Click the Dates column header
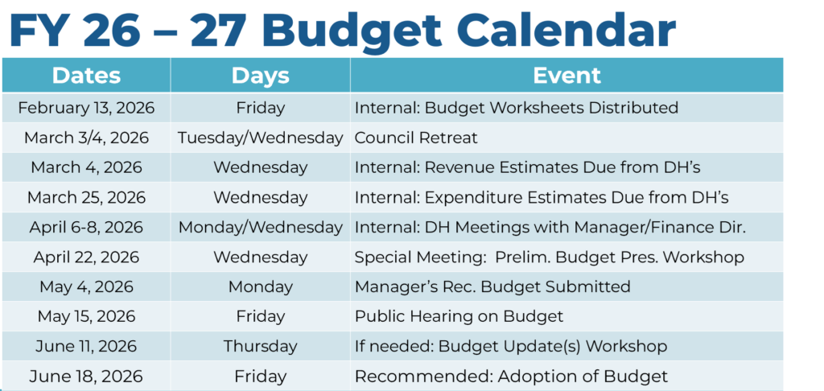86,76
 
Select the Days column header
260,76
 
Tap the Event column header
566,76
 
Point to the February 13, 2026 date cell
86,108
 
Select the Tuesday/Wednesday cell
260,138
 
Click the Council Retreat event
416,138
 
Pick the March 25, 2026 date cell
86,197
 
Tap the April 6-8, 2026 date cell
86,227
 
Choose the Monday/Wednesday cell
260,227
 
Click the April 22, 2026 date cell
86,257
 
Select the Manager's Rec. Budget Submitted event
492,286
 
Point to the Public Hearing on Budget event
459,316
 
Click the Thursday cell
260,346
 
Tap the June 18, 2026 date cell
86,377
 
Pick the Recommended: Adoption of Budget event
511,377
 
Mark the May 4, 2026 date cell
86,286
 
